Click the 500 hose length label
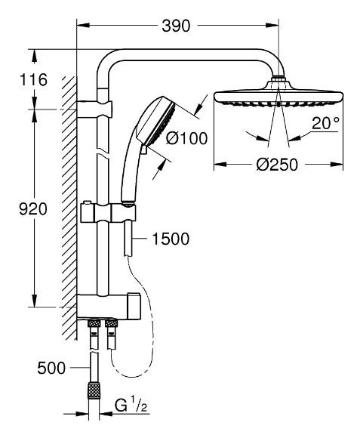[52, 369]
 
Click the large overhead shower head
[278, 99]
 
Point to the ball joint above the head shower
[279, 79]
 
